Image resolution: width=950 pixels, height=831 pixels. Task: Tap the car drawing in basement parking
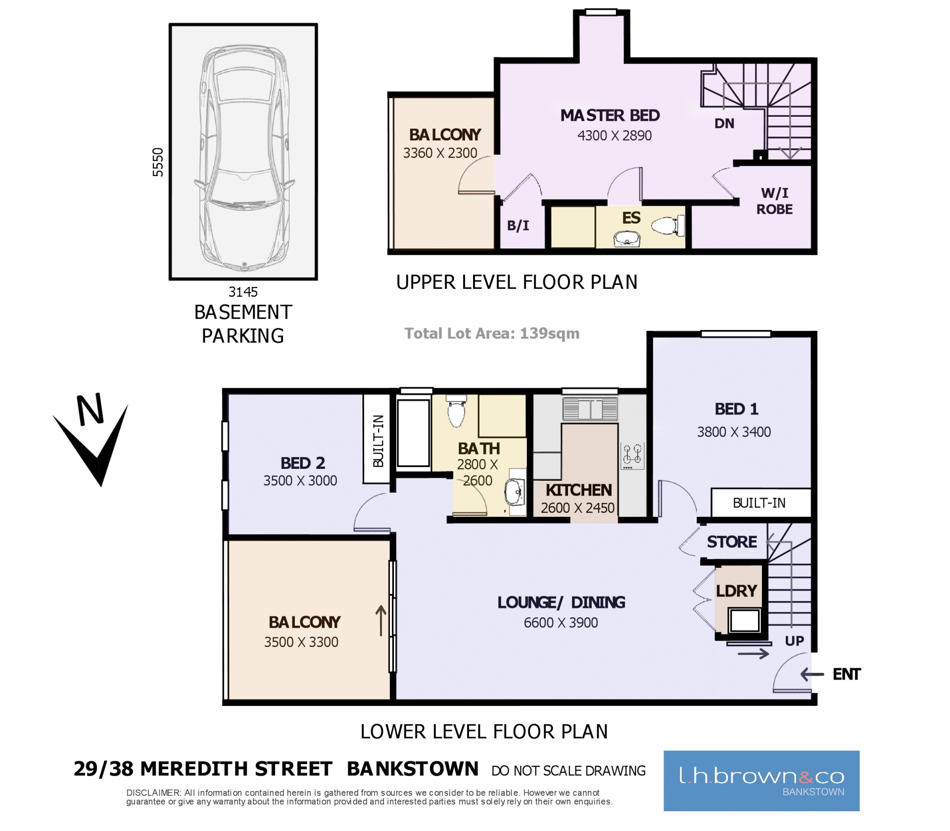pos(243,158)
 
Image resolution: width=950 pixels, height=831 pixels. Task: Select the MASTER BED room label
pos(610,115)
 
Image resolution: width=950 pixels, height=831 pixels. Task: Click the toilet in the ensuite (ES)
pos(668,226)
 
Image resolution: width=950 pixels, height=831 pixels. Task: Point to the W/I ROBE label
pos(774,201)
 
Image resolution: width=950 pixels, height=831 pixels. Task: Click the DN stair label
pos(724,124)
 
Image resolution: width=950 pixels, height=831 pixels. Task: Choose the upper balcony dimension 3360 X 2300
pos(440,153)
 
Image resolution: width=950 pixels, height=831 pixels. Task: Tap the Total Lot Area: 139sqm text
pos(492,333)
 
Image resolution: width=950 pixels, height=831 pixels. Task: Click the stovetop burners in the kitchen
pos(632,456)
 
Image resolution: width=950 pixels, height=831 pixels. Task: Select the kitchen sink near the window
pos(590,409)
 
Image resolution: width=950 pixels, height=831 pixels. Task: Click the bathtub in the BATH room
pos(413,433)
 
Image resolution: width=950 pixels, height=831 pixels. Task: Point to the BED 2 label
pos(303,463)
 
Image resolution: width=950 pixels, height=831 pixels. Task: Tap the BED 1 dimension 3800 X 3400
pos(734,432)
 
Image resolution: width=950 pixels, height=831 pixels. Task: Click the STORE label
pos(732,542)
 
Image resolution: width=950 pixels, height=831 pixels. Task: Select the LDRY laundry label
pos(736,591)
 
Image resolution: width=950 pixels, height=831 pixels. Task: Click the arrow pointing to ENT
pos(812,674)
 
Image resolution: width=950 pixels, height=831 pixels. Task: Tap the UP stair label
pos(794,641)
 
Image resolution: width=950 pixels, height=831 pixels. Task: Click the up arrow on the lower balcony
pos(380,621)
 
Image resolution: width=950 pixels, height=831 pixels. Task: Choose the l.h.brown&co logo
pos(761,781)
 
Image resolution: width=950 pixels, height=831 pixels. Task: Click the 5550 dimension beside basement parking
pos(157,162)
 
